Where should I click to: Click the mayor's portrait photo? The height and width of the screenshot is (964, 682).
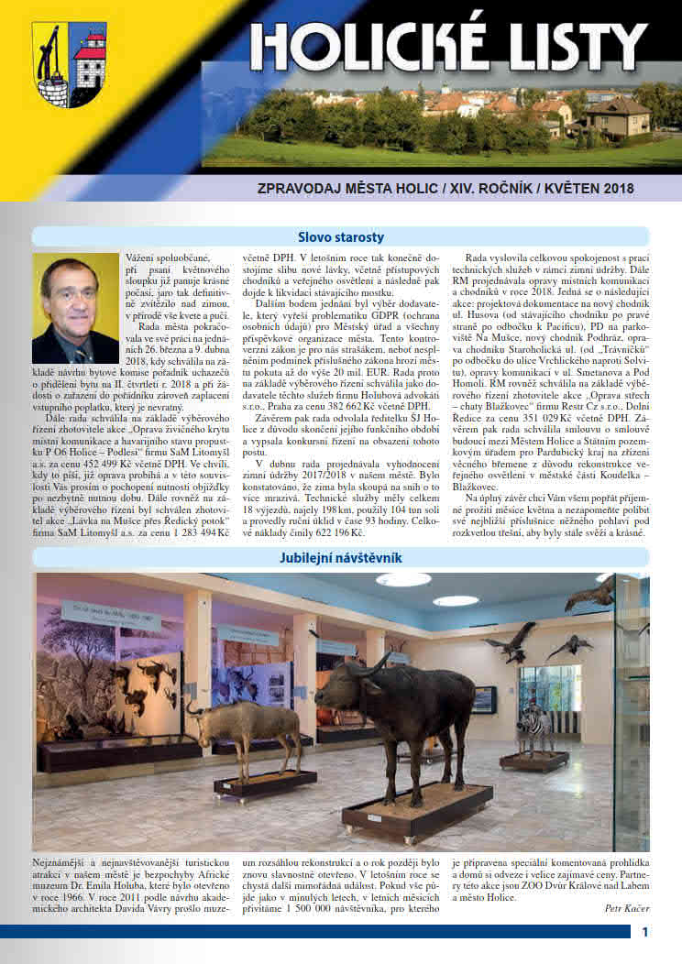pyautogui.click(x=75, y=309)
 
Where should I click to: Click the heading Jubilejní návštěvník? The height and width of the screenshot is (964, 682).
pyautogui.click(x=341, y=558)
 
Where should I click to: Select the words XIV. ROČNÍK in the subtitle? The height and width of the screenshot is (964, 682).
pyautogui.click(x=444, y=189)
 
